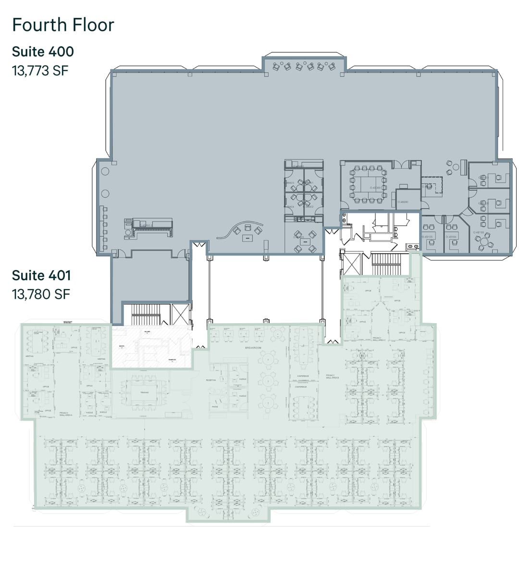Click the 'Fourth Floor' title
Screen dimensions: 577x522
[63, 25]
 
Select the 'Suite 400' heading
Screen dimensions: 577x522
[43, 51]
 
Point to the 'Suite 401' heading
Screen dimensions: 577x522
[41, 276]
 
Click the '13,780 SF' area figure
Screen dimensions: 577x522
[41, 294]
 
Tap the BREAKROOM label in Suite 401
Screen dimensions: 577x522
[252, 347]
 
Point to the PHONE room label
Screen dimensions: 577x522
[215, 407]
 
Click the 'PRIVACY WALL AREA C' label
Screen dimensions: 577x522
[380, 339]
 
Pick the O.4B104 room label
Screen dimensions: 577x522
[451, 237]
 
